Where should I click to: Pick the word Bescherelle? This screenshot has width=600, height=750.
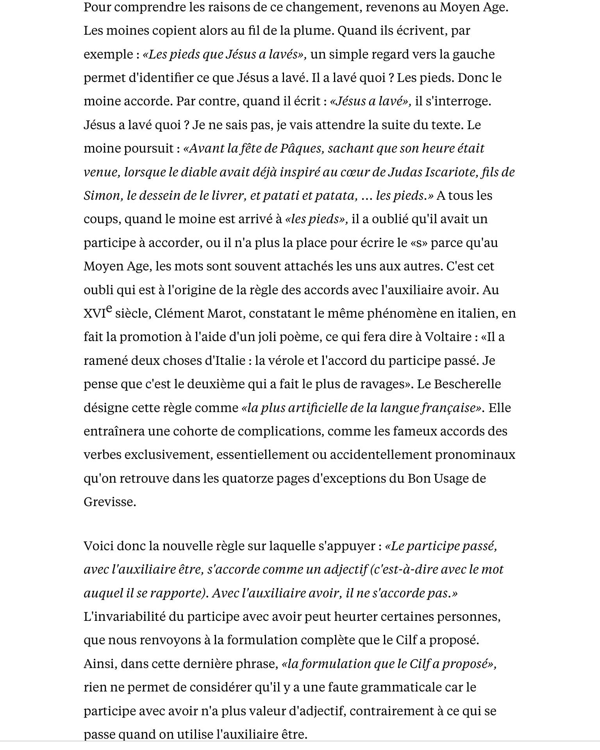click(467, 384)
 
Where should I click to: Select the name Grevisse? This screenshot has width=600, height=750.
click(109, 502)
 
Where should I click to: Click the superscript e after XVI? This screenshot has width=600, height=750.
click(109, 309)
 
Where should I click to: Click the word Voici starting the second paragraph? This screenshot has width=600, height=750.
click(98, 546)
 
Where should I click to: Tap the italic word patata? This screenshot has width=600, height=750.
click(336, 195)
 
